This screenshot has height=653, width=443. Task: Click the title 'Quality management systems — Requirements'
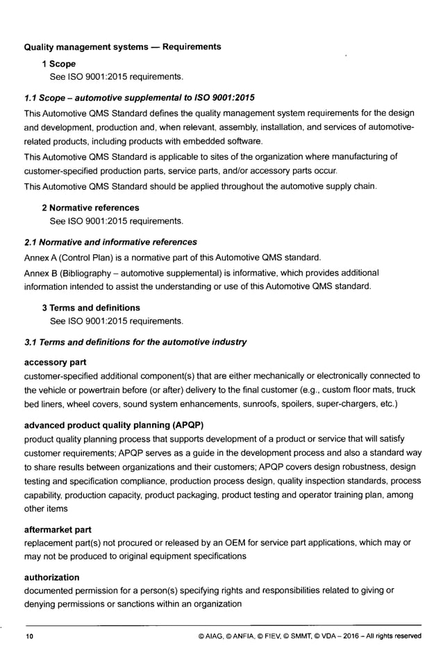coord(123,47)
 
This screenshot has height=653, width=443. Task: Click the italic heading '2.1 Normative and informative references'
coord(110,242)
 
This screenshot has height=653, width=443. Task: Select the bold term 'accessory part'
coord(55,363)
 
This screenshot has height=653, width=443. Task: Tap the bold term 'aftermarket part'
coord(58,529)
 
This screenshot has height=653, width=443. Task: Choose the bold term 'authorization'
coord(51,577)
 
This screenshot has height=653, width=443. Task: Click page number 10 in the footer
coord(29,636)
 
